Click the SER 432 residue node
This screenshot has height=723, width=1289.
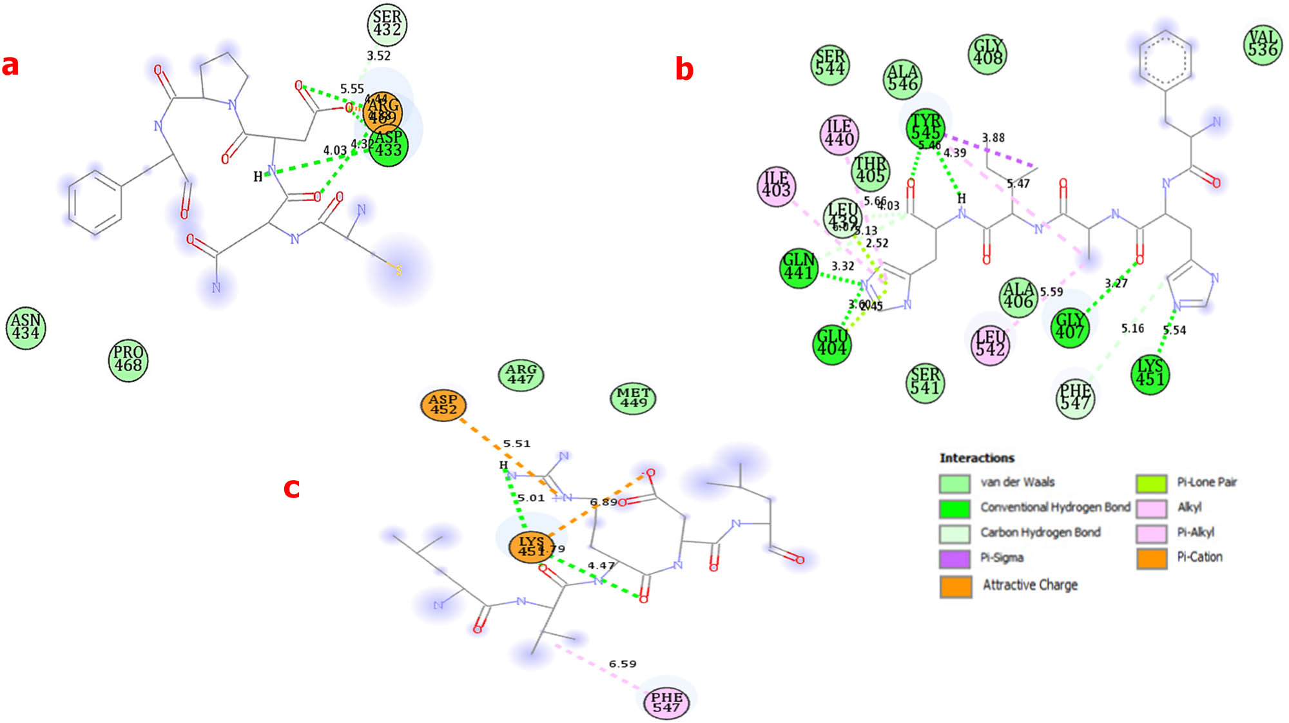click(387, 24)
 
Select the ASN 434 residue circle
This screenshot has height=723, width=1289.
click(26, 327)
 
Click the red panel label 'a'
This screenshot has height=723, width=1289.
click(10, 65)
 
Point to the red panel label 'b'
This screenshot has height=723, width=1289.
click(684, 68)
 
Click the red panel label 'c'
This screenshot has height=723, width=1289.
click(292, 487)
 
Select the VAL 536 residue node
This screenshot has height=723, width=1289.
click(1262, 44)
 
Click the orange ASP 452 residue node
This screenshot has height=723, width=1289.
click(443, 405)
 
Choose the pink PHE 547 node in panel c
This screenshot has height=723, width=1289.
click(666, 702)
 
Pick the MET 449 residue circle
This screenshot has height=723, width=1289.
click(633, 398)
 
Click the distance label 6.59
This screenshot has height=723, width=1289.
click(622, 664)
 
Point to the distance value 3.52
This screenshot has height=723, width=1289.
click(378, 56)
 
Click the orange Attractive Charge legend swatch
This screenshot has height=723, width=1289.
click(955, 586)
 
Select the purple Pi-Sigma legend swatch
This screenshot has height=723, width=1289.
click(955, 558)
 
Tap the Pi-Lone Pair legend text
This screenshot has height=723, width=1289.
click(1206, 482)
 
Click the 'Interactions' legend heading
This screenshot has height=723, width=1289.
click(976, 458)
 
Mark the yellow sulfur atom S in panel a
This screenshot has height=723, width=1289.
click(399, 270)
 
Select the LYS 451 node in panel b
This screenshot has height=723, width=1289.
click(1150, 373)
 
